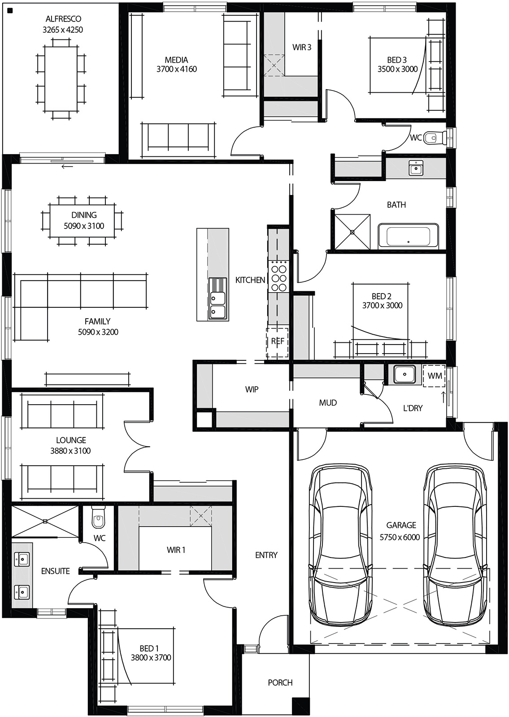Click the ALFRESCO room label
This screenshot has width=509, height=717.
pyautogui.click(x=63, y=19)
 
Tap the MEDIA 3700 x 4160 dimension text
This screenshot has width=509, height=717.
pyautogui.click(x=176, y=69)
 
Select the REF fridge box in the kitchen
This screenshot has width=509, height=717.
pyautogui.click(x=277, y=342)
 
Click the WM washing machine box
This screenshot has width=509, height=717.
pyautogui.click(x=434, y=376)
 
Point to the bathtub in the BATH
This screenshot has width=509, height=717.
pyautogui.click(x=408, y=236)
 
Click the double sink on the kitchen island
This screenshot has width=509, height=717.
pyautogui.click(x=218, y=304)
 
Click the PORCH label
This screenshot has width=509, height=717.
pyautogui.click(x=280, y=682)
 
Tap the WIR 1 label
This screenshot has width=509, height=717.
pyautogui.click(x=176, y=550)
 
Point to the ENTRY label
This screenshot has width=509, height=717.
pyautogui.click(x=266, y=555)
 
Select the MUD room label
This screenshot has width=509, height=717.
pyautogui.click(x=328, y=403)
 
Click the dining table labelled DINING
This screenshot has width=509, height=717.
pyautogui.click(x=84, y=220)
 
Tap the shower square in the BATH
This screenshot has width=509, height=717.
pyautogui.click(x=352, y=232)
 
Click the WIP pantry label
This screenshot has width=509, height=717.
pyautogui.click(x=252, y=389)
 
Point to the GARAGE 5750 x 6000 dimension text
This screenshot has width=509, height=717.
pyautogui.click(x=400, y=537)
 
